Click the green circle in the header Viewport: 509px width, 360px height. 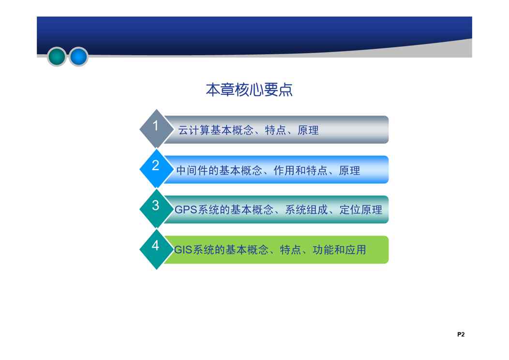coord(57,56)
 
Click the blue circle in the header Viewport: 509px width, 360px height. coord(78,56)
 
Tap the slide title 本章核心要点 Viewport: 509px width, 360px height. coord(249,90)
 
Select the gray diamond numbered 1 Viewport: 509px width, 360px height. coord(156,129)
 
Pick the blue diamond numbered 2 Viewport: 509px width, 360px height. coord(156,168)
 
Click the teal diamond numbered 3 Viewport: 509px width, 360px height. coord(156,209)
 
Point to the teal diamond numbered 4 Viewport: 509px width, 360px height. coord(156,249)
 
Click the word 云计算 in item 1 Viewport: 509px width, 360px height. coord(194,130)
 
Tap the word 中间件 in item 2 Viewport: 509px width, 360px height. coord(193,170)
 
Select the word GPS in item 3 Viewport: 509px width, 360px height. coord(186,210)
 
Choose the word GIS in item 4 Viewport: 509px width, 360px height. coord(183,250)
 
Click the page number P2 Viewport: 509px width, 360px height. coord(461,334)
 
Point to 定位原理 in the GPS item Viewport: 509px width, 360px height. coord(361,210)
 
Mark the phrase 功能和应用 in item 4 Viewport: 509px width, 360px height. coord(340,250)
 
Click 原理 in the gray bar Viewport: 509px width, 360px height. coord(308,130)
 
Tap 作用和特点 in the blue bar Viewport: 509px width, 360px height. coord(300,170)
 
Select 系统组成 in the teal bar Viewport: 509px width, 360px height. coord(306,210)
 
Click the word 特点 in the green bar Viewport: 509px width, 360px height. coord(290,250)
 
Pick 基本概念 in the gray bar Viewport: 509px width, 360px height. coord(232,130)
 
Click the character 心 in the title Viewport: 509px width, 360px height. coord(256,90)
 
